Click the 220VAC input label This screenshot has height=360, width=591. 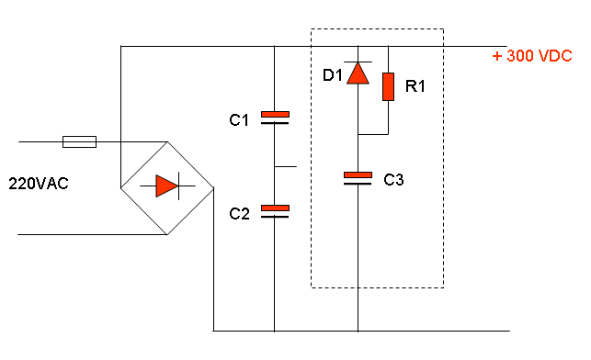(39, 184)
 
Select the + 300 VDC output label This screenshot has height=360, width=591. (532, 56)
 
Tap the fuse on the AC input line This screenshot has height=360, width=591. (79, 142)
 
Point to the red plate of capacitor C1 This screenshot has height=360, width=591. (275, 115)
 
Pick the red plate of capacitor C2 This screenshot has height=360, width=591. (275, 208)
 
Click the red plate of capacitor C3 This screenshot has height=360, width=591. (358, 174)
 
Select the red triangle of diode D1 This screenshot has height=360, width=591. (358, 73)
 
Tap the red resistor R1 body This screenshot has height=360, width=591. (388, 87)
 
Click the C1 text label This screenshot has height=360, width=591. (239, 120)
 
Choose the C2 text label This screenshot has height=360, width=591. (239, 214)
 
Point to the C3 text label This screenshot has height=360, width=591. (393, 180)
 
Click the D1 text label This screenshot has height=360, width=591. (333, 75)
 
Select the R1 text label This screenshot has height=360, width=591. (415, 86)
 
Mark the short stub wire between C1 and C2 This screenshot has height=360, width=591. (285, 166)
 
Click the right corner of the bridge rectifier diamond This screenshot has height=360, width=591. (213, 187)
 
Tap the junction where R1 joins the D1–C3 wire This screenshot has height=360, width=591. (358, 134)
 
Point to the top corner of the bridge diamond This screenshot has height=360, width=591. (167, 141)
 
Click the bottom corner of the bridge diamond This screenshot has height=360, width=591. (167, 234)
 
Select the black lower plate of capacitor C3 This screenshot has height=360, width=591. (358, 184)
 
